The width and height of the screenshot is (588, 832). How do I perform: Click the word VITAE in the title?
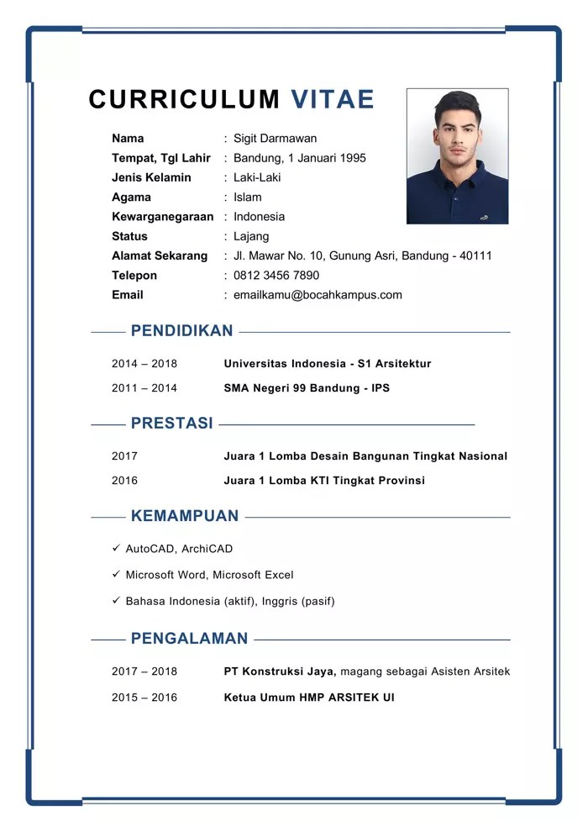[x=333, y=99]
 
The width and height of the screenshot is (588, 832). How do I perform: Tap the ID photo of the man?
[x=457, y=156]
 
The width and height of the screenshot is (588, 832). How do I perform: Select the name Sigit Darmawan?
[x=275, y=139]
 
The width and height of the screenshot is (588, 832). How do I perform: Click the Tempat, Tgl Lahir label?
[x=161, y=158]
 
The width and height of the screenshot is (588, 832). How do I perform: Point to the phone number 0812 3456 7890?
[x=276, y=276]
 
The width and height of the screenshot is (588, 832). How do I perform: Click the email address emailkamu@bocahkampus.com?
[x=318, y=295]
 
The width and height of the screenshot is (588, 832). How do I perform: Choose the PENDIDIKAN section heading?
[x=181, y=331]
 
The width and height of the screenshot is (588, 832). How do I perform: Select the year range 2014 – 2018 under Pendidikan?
[x=144, y=364]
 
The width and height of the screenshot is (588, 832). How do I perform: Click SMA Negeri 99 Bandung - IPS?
[x=307, y=388]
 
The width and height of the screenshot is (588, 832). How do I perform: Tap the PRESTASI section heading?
[x=171, y=424]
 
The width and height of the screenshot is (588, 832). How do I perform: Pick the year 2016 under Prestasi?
[x=124, y=481]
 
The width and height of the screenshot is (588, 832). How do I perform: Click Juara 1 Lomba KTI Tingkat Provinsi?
[x=324, y=481]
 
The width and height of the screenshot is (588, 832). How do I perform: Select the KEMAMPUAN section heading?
[x=185, y=516]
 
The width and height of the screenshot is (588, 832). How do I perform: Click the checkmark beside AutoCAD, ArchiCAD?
[x=117, y=548]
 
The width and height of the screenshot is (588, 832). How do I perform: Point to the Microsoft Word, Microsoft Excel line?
[x=209, y=575]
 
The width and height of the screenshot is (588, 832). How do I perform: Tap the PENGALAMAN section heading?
[x=189, y=639]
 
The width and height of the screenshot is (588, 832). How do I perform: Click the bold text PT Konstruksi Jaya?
[x=280, y=671]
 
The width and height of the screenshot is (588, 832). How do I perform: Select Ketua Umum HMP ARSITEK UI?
[x=309, y=698]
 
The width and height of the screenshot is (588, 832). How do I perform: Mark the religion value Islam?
[x=248, y=197]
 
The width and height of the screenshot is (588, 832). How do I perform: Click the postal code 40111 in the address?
[x=475, y=256]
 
